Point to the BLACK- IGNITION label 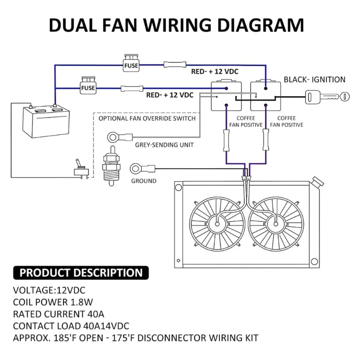[x=314, y=80]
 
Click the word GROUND [x=144, y=181]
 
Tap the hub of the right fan [x=275, y=221]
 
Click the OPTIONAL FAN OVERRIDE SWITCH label [x=147, y=119]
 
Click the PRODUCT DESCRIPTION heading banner [x=81, y=273]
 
